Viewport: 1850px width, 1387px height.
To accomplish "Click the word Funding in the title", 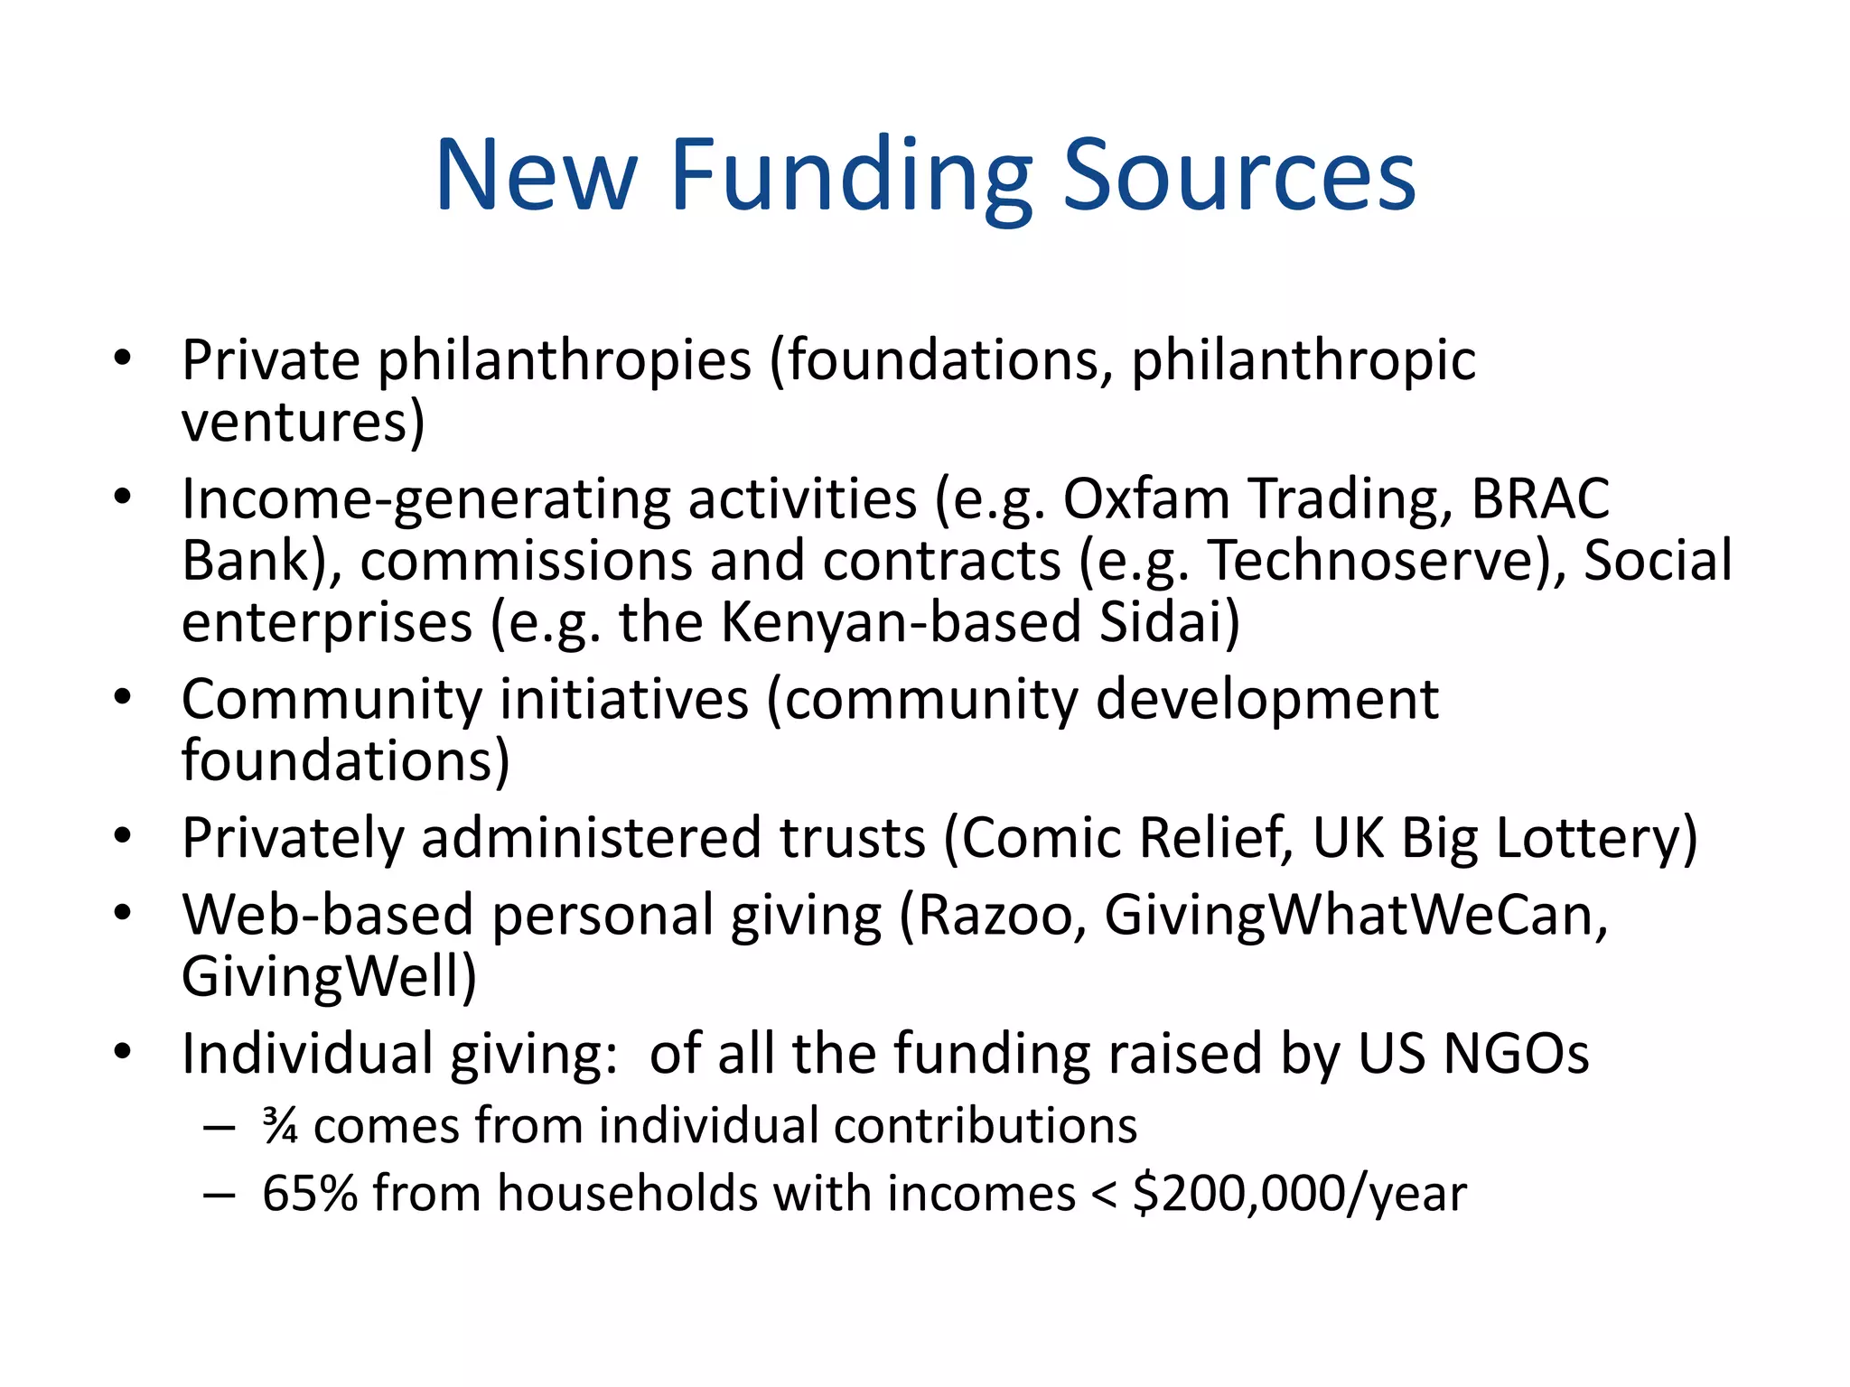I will tap(850, 176).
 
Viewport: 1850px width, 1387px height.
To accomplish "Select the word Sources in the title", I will tap(1238, 176).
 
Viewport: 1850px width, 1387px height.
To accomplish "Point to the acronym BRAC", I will tap(1540, 498).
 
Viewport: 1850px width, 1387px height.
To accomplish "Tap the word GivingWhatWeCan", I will tap(1355, 916).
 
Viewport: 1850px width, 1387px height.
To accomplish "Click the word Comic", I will tap(1041, 837).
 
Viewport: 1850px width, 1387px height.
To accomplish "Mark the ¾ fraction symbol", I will tap(280, 1126).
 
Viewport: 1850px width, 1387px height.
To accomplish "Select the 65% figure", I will tap(309, 1194).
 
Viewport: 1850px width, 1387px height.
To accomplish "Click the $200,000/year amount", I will tap(1300, 1195).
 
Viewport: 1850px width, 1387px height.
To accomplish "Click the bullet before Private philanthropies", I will tap(123, 358).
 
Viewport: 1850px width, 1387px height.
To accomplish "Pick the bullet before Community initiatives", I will tap(123, 697).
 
